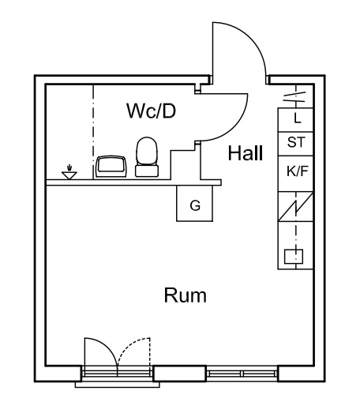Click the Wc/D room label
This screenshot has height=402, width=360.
(152, 111)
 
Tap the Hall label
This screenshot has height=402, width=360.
(246, 153)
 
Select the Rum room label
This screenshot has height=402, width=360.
(186, 295)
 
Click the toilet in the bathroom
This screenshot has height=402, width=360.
(147, 157)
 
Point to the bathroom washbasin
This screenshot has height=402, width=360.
(111, 167)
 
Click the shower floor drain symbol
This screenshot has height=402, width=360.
(69, 172)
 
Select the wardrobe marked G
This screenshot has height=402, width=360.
(194, 203)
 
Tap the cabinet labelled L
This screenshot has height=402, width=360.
(295, 120)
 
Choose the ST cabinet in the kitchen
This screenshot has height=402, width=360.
(295, 144)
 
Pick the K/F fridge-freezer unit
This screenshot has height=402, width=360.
(295, 174)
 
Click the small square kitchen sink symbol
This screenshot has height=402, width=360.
(294, 256)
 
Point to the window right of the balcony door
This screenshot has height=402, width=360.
(242, 374)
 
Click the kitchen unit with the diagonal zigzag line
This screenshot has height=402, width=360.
(295, 207)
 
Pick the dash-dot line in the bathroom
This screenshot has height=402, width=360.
(93, 132)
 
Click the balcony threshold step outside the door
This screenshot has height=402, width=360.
(118, 385)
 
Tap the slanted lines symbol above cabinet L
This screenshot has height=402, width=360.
(294, 96)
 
